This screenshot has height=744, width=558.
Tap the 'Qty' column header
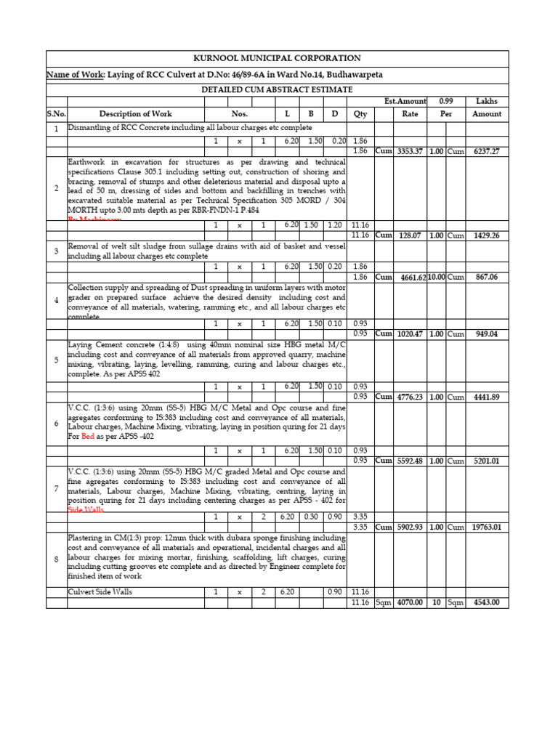(x=360, y=114)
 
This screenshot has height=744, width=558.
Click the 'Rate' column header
(x=410, y=114)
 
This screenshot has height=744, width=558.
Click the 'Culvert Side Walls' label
(x=100, y=592)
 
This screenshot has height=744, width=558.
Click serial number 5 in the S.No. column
(x=56, y=359)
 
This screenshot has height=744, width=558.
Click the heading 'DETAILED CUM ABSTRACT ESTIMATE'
(x=277, y=89)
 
